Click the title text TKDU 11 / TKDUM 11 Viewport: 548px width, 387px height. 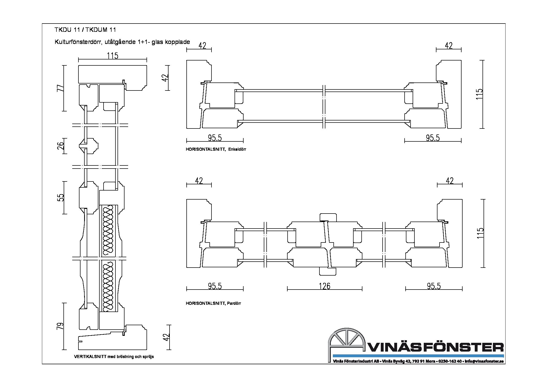click(85, 30)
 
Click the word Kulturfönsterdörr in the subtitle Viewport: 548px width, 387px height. click(77, 42)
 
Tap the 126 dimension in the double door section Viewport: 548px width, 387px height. click(325, 286)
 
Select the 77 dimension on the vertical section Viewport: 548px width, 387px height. click(60, 88)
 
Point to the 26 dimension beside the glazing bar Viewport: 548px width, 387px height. click(60, 146)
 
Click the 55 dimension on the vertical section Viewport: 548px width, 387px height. click(60, 198)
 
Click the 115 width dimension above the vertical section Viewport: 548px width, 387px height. click(112, 56)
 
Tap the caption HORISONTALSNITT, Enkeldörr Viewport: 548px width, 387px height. click(216, 149)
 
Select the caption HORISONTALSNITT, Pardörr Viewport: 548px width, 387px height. click(213, 303)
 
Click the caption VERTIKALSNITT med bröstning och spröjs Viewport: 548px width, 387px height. click(114, 356)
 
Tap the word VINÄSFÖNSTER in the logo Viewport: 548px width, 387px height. click(435, 347)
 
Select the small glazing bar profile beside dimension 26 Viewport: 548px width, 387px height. click(89, 146)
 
